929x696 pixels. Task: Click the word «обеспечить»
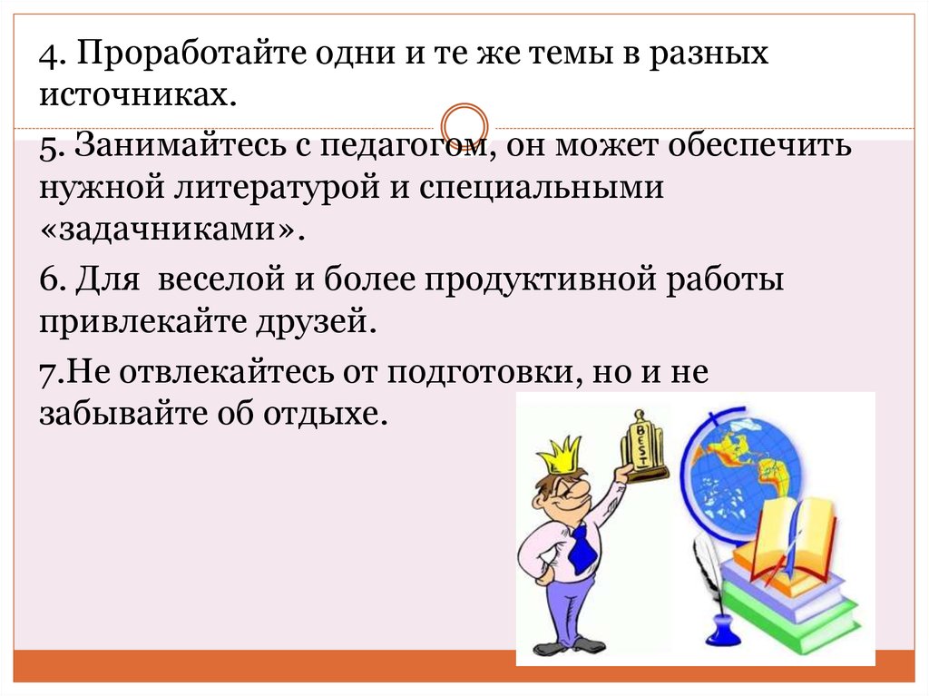pyautogui.click(x=759, y=143)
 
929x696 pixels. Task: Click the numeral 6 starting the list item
pyautogui.click(x=49, y=279)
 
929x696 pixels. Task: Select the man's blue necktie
pyautogui.click(x=582, y=548)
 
